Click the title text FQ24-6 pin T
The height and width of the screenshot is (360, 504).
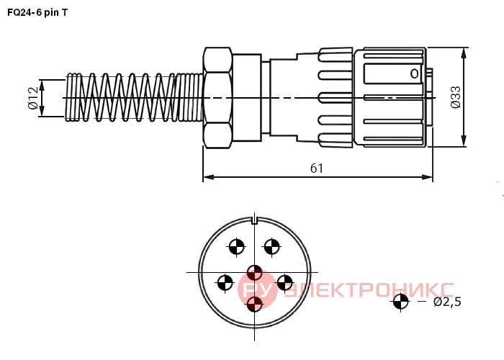(x=37, y=12)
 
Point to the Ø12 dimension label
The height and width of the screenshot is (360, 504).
(x=33, y=98)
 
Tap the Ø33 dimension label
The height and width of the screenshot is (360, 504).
(x=456, y=97)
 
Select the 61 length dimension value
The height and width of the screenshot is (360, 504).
(x=317, y=168)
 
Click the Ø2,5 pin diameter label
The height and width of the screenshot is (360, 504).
(x=447, y=302)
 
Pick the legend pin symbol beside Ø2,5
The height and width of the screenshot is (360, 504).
(x=400, y=302)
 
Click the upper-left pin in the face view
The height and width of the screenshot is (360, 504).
(x=236, y=247)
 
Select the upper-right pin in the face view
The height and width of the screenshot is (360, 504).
(x=272, y=247)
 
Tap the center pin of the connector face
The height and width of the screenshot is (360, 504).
(x=255, y=273)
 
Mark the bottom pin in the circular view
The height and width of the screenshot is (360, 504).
(x=255, y=303)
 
